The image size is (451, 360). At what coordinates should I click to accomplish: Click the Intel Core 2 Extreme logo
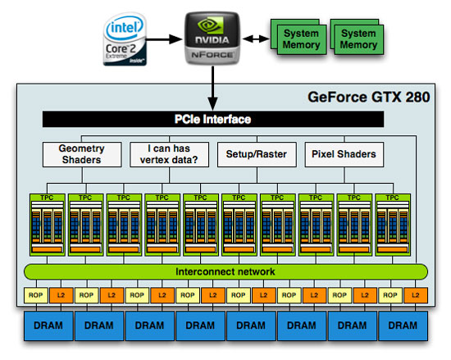point(125,39)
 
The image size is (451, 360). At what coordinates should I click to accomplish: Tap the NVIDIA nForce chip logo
point(212,38)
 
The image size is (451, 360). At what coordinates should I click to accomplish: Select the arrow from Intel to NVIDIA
point(164,39)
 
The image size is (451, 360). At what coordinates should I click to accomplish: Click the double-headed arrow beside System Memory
point(256,39)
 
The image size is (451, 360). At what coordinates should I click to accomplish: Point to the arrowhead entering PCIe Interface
point(212,103)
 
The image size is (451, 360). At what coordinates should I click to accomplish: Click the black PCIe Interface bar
point(213,119)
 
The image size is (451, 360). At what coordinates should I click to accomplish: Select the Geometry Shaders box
point(82,154)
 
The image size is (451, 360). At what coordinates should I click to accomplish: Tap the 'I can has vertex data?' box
point(169,154)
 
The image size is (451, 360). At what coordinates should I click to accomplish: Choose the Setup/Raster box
point(257,154)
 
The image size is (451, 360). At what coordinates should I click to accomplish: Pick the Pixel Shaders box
point(344,154)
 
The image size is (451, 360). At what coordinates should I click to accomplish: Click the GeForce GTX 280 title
point(369,97)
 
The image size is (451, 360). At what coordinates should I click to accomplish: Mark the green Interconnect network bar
point(225,271)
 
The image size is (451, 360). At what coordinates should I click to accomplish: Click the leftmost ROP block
point(35,295)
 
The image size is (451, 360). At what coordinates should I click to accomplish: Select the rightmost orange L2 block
point(416,295)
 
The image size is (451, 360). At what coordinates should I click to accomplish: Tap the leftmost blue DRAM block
point(48,326)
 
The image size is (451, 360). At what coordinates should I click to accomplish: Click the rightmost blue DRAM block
point(403,326)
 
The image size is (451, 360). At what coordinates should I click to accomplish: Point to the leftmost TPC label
point(47,198)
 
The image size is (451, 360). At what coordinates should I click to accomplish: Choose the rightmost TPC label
point(393,198)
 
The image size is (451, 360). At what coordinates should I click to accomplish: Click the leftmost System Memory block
point(301,39)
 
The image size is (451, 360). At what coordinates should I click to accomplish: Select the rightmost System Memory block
point(358,39)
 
